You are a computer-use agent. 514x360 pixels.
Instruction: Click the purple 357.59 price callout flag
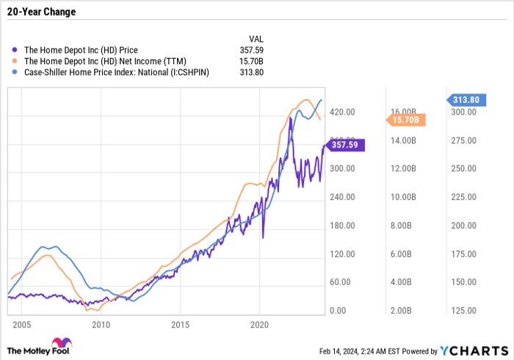pyautogui.click(x=345, y=145)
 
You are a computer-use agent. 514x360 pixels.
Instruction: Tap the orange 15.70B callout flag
pyautogui.click(x=403, y=119)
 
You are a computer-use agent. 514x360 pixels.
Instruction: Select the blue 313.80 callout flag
pyautogui.click(x=466, y=100)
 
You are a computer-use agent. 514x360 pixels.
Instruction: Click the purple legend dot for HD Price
pyautogui.click(x=15, y=50)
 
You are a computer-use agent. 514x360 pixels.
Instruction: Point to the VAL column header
pyautogui.click(x=256, y=38)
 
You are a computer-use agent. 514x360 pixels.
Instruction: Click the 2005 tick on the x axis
pyautogui.click(x=21, y=324)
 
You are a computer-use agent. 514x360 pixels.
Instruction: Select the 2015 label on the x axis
pyautogui.click(x=181, y=324)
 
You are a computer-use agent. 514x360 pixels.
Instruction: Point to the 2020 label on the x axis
pyautogui.click(x=261, y=324)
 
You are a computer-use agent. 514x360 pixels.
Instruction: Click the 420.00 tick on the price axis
pyautogui.click(x=342, y=112)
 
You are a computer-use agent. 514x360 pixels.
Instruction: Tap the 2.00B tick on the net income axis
pyautogui.click(x=403, y=311)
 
